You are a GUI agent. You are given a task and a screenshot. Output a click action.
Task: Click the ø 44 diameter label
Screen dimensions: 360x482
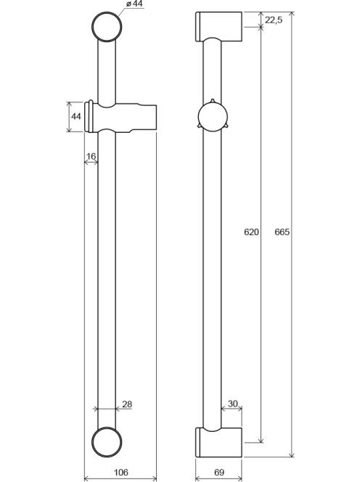pos(134,4)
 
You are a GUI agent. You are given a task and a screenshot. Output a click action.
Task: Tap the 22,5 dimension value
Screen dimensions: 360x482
pos(274,20)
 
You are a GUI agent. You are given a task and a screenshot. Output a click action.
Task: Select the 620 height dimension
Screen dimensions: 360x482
pos(251,232)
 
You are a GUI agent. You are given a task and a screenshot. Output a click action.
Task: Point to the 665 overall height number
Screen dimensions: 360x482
pos(282,232)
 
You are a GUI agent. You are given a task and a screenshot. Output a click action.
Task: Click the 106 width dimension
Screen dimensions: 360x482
pos(120,472)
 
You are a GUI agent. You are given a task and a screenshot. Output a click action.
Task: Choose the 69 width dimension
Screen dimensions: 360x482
pos(219,472)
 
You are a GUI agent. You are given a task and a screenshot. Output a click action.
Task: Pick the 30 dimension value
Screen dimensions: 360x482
pos(233,404)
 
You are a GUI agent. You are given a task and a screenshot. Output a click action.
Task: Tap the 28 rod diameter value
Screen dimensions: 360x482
pos(127,404)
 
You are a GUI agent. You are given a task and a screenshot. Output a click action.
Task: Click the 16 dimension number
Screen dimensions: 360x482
pos(91,157)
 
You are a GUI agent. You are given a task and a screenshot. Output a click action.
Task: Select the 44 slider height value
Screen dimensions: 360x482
pos(76,116)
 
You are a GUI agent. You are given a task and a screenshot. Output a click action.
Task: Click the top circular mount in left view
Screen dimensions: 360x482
pos(107,27)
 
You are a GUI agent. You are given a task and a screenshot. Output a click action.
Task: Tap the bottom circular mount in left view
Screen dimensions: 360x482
pos(107,442)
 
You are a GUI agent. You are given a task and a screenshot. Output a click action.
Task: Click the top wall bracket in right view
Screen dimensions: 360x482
pos(219,26)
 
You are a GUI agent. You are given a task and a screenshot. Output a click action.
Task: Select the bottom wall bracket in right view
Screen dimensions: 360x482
pos(219,442)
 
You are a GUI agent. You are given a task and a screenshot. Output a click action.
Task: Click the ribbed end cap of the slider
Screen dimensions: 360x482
pos(89,117)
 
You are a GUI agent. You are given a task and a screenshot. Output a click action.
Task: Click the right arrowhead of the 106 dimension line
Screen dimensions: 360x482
pos(154,478)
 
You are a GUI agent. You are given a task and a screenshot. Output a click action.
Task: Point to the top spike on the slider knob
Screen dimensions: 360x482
pos(212,101)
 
